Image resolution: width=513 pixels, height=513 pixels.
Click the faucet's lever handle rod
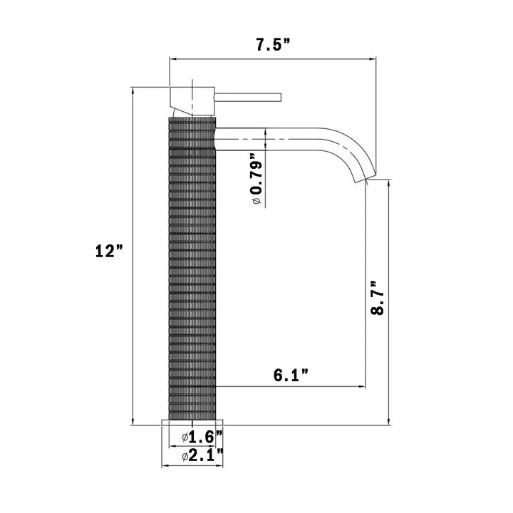coord(249,96)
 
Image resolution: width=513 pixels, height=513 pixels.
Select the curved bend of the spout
coord(349,146)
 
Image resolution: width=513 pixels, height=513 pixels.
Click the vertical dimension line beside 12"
coord(133,321)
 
